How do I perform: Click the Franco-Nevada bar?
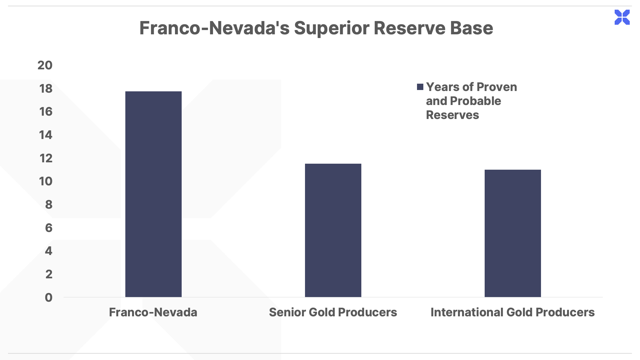153,194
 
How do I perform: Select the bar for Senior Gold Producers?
333,230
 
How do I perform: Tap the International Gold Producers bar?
513,233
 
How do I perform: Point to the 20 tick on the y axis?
45,65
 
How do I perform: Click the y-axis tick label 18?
46,89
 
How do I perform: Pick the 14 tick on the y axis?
46,135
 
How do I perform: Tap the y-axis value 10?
46,181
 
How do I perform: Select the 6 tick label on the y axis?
49,228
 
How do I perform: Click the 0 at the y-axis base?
49,298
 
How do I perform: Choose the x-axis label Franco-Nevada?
153,312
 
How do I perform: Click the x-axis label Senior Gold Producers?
333,312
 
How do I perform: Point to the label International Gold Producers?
513,312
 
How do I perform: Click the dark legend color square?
420,87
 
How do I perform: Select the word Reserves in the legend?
452,115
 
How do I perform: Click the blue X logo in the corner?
622,17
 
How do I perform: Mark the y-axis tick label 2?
49,274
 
